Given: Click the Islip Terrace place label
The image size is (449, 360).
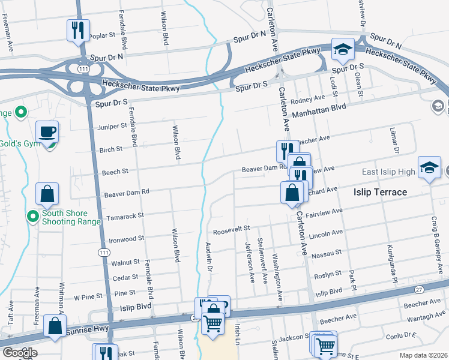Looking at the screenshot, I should coord(379,192).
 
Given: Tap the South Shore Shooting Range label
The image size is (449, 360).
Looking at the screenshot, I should coord(64,217).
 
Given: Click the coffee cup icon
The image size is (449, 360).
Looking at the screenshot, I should coord(47,131).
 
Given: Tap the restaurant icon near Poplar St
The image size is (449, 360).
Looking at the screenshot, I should coord(77,29).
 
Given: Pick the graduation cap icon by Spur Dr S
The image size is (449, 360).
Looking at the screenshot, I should coord(342,50).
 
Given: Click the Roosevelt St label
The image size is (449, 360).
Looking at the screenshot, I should coord(231,230).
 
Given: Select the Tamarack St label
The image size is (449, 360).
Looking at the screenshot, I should coord(125,215).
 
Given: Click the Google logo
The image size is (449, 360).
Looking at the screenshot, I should coord(19,352).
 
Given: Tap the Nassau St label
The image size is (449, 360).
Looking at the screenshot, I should coord(327,254).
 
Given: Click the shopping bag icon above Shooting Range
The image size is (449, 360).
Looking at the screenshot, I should coord(47,193).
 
